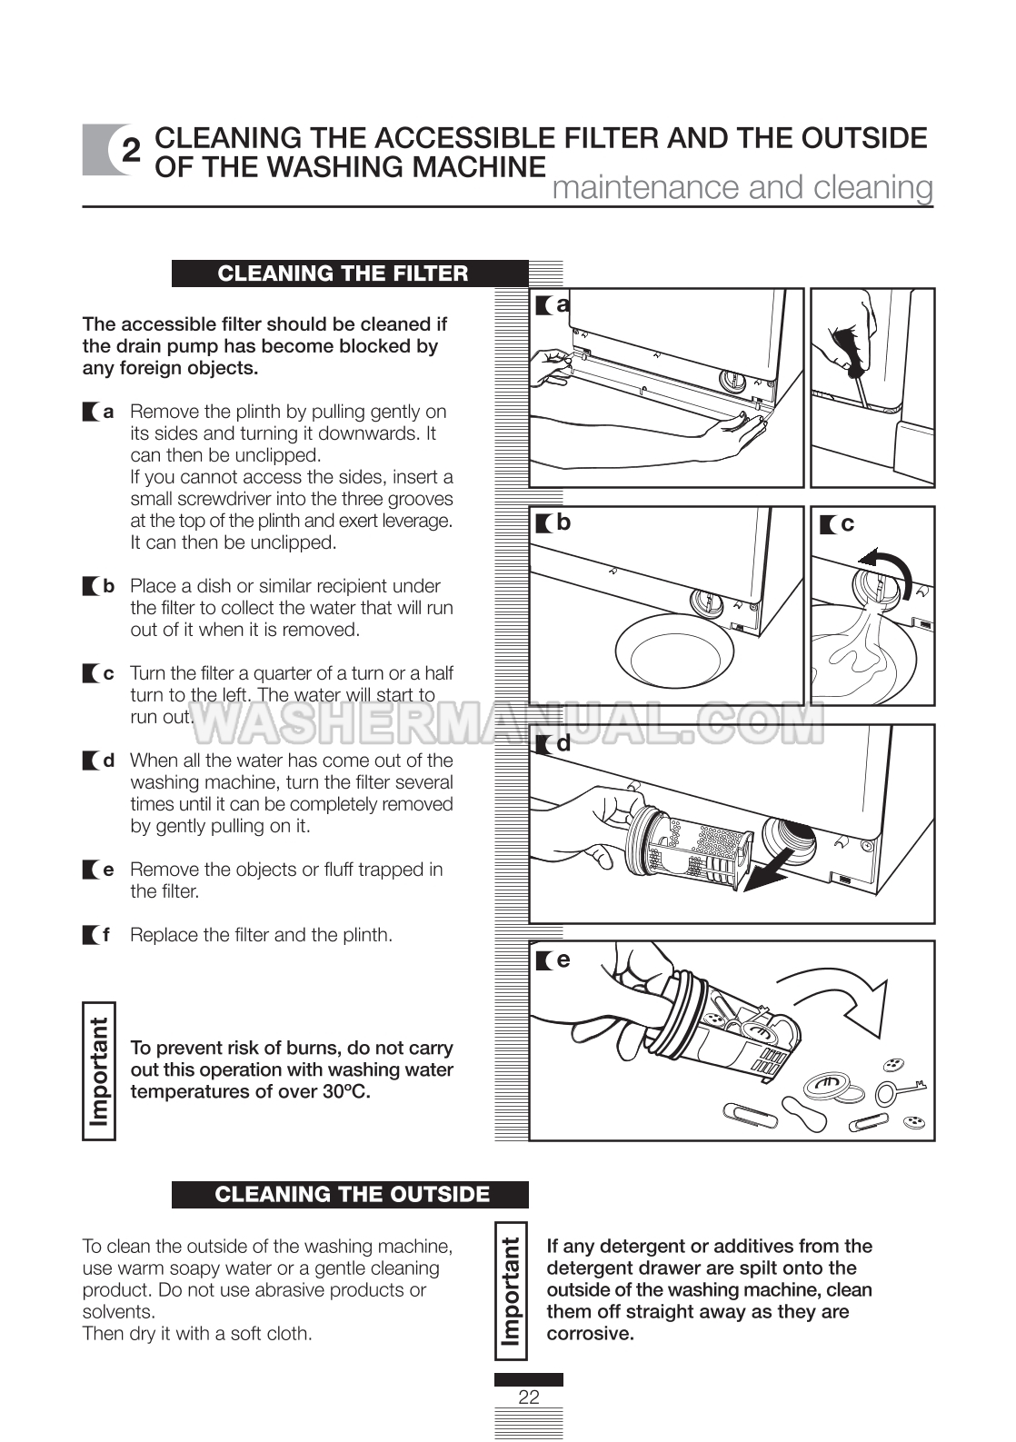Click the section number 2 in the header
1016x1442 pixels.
click(132, 152)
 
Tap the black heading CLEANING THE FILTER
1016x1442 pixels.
click(343, 273)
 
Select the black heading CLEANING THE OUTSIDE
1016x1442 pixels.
click(352, 1194)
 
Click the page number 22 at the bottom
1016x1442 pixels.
click(528, 1397)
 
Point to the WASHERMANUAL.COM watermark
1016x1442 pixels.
click(509, 722)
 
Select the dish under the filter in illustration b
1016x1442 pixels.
click(674, 652)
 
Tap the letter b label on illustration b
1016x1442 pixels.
click(563, 522)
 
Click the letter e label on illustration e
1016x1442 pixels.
click(563, 960)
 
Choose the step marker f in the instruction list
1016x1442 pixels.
click(106, 935)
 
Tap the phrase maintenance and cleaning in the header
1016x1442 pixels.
click(742, 187)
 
